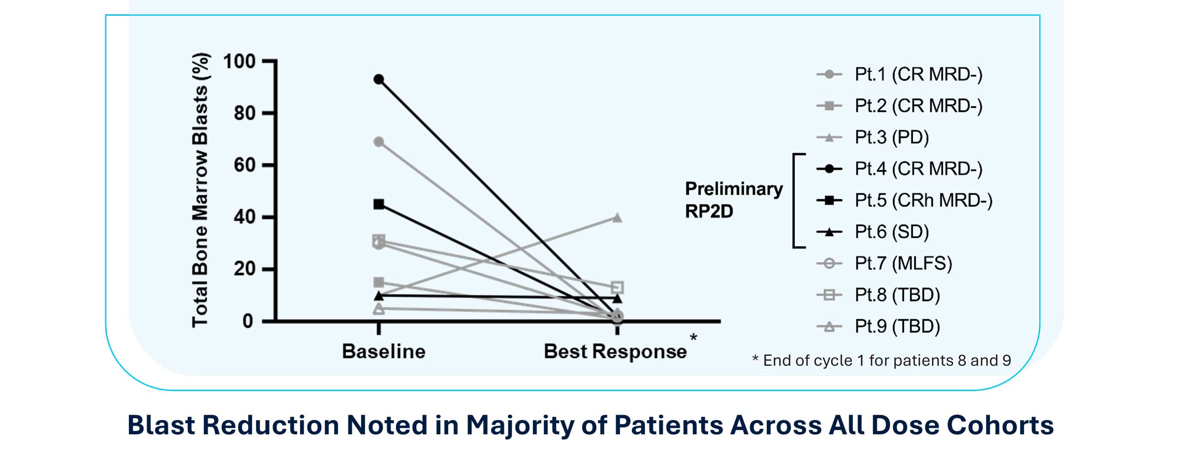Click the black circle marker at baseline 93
tap(378, 79)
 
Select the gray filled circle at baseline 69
tap(378, 142)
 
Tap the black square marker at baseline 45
tap(378, 204)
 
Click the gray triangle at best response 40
tap(617, 217)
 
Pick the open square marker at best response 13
tap(617, 287)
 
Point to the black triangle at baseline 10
tap(378, 296)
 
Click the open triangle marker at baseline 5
tap(378, 309)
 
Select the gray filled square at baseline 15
tap(378, 282)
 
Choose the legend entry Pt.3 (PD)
tap(891, 137)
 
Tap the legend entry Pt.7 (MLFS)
tap(903, 263)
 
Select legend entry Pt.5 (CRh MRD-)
tap(923, 200)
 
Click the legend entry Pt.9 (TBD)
tap(897, 326)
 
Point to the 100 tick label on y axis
tap(239, 61)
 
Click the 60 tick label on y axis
tap(245, 165)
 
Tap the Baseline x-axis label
tap(383, 351)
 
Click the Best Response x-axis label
tap(615, 351)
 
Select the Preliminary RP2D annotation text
tap(733, 200)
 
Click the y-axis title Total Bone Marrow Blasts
tap(200, 190)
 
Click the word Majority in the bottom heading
tap(519, 425)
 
